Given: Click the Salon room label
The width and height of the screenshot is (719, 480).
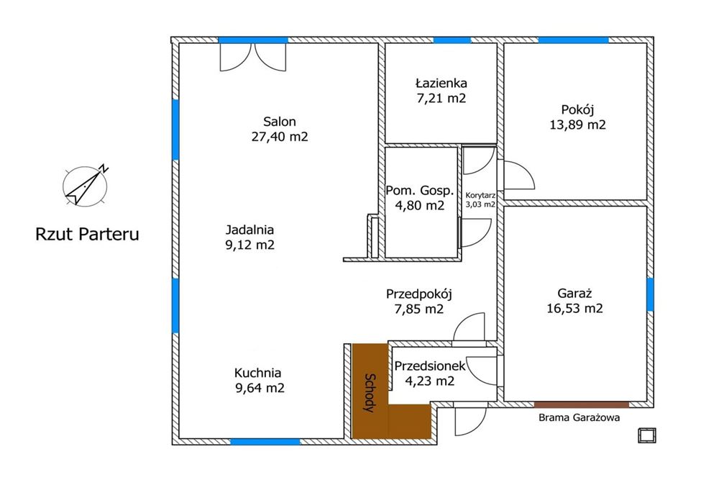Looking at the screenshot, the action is [279, 122].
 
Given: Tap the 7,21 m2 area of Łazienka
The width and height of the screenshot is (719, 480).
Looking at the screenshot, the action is [441, 98].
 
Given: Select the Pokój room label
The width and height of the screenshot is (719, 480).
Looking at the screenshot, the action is [578, 110].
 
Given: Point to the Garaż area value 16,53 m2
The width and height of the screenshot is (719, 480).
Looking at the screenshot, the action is [574, 309].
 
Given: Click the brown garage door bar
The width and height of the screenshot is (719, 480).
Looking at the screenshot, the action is [582, 404].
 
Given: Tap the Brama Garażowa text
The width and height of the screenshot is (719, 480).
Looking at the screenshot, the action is [579, 417].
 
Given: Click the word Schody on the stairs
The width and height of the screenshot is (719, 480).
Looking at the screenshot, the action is [369, 393].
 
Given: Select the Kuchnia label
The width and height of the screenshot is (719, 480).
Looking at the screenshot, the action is [257, 373].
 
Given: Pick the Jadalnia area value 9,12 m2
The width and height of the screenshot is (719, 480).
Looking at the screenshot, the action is [250, 245].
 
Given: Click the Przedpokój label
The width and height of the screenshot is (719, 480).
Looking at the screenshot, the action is [419, 294].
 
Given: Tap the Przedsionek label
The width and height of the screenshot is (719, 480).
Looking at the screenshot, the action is [430, 366].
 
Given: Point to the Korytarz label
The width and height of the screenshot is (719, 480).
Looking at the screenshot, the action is [480, 195].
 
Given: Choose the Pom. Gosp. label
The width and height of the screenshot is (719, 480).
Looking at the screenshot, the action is [420, 191].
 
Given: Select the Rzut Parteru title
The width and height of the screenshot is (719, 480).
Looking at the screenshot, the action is [87, 234].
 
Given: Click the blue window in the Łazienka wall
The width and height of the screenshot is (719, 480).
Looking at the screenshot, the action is [452, 40].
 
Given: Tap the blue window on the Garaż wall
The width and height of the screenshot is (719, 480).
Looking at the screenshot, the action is [650, 294].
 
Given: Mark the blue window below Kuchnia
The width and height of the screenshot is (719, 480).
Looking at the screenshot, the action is [265, 441].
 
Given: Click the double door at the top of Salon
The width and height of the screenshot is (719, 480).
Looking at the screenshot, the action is [253, 57].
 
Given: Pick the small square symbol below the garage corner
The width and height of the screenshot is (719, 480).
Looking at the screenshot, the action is [646, 435].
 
